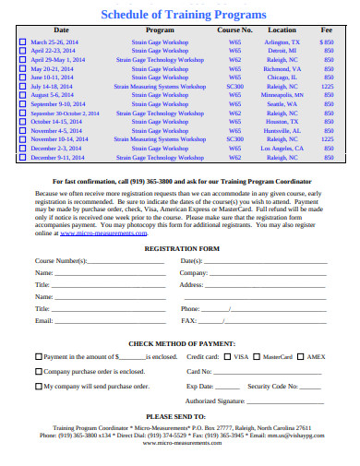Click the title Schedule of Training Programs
click(x=182, y=15)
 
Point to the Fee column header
click(x=327, y=30)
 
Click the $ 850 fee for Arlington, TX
click(x=327, y=42)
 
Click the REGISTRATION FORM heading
click(x=183, y=249)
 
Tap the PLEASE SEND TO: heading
click(x=182, y=416)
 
